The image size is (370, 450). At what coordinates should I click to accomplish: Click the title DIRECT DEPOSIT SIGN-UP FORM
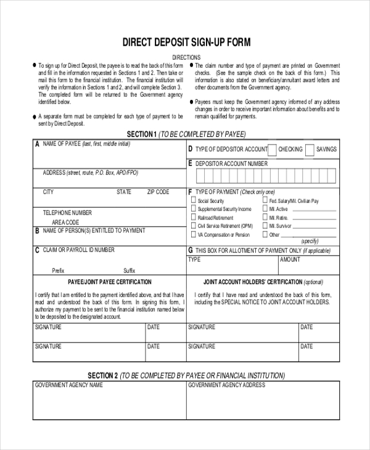coord(186,43)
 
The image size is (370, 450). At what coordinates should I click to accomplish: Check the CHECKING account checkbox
coord(272,149)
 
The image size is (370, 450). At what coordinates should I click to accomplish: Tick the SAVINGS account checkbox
coord(311,149)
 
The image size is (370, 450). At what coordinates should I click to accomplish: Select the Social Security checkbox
coord(193,200)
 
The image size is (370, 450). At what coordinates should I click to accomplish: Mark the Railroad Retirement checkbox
coord(193,217)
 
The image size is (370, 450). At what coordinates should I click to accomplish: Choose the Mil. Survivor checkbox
coord(265,226)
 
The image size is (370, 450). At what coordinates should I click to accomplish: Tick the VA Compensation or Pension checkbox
coord(193,234)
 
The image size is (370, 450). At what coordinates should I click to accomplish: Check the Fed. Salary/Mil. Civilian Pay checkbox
coord(265,200)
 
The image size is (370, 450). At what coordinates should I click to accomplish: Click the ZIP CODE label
coord(158,192)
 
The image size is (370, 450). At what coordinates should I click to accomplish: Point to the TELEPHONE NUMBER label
coord(67,213)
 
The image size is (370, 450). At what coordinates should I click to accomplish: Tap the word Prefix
coord(58,270)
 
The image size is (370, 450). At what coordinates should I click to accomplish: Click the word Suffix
coord(129,270)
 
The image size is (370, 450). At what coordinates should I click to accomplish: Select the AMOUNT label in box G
coord(290,260)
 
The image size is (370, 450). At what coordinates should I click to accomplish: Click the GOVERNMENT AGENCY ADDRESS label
coord(226,385)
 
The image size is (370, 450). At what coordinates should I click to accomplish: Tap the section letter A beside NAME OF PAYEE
coord(37,144)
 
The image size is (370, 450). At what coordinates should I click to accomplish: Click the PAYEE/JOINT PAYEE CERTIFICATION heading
coord(109,282)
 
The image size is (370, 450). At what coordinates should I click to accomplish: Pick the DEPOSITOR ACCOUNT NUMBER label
coord(231,164)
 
